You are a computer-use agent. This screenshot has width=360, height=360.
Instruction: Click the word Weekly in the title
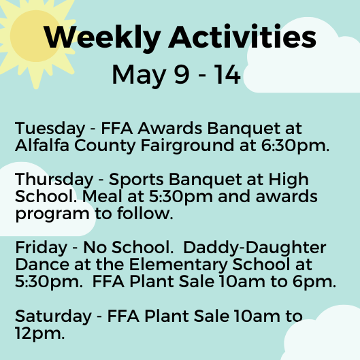[x=102, y=37]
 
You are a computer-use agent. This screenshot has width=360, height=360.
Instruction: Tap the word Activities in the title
[x=242, y=36]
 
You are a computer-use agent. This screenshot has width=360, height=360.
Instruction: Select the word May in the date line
[x=139, y=76]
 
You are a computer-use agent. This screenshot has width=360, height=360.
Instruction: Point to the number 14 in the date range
[x=227, y=74]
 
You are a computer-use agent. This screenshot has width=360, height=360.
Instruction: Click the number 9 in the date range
[x=182, y=74]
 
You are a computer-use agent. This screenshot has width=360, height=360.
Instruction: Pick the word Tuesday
[x=50, y=129]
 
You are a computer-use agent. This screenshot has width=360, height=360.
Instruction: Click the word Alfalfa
[x=42, y=145]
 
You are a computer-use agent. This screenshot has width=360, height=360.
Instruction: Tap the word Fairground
[x=187, y=146]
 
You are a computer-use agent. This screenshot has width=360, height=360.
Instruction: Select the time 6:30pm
[x=295, y=146]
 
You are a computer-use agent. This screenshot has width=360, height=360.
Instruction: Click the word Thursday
[x=54, y=180]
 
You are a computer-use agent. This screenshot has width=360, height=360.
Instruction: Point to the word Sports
[x=136, y=180]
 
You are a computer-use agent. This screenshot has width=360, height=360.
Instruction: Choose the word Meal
[x=102, y=197]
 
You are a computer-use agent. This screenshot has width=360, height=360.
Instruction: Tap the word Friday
[x=41, y=248]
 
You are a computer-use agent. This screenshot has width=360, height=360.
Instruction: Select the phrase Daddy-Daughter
[x=255, y=248]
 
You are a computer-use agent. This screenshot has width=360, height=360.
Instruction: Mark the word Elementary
[x=178, y=265]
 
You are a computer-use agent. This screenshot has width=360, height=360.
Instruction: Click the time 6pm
[x=314, y=282]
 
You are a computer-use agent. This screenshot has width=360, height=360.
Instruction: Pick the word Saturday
[x=53, y=317]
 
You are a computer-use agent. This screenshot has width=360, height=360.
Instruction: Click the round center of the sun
[x=35, y=36]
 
